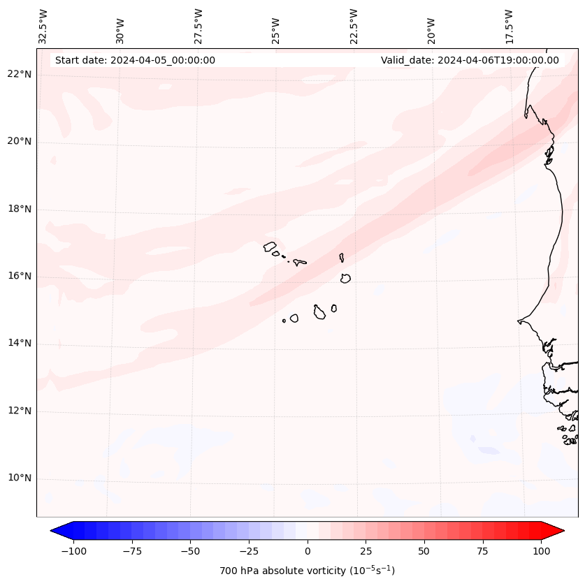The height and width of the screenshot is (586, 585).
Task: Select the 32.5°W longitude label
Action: point(43,27)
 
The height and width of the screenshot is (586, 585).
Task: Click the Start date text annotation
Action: point(135,60)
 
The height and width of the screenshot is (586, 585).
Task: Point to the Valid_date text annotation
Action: point(470,60)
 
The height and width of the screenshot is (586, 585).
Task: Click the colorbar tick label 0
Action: point(308,552)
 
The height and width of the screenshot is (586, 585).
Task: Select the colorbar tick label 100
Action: point(541,552)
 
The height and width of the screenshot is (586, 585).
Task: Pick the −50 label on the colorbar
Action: point(190,552)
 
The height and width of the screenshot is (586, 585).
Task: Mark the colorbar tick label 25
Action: point(366,552)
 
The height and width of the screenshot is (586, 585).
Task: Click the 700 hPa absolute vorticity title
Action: point(308,571)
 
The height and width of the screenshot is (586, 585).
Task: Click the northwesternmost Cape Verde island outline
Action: point(270,246)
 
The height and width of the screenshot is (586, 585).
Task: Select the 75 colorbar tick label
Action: point(482,552)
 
